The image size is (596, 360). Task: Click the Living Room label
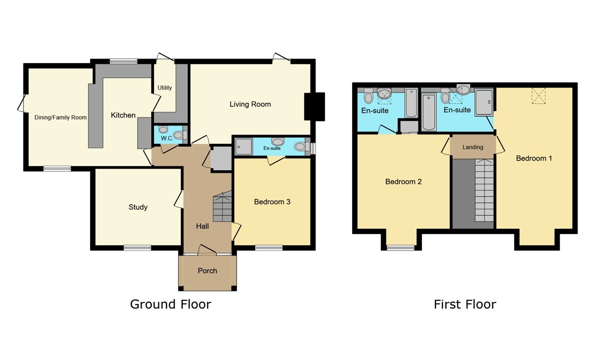coord(250,104)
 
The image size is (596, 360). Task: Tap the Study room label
coord(138,207)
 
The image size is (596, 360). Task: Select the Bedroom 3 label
coord(272,202)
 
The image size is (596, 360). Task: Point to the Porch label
coord(207,271)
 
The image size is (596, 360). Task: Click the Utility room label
coord(165,88)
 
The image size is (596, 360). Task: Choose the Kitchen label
coord(123,115)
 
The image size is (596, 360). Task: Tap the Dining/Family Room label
coord(60,118)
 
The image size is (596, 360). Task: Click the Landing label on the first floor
coord(473,147)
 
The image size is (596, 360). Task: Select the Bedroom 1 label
coord(534,158)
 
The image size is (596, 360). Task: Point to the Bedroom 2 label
coord(404,181)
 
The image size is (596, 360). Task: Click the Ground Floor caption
coord(170,304)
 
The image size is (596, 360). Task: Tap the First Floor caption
coord(464,304)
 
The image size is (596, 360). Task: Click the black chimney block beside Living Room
coord(314,107)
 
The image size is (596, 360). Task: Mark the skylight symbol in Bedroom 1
coord(538,96)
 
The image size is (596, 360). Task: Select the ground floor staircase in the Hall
coord(222,206)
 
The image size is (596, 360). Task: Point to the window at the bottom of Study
coord(137,248)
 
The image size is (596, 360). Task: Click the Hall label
coord(202,226)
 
